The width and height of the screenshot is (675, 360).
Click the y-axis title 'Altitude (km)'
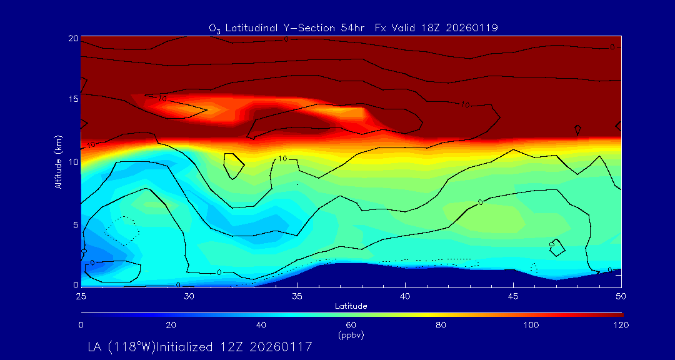pyautogui.click(x=58, y=161)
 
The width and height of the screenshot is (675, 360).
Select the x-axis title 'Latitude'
pyautogui.click(x=350, y=306)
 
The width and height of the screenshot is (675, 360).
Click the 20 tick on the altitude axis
pyautogui.click(x=72, y=38)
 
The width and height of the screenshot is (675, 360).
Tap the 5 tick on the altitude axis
pyautogui.click(x=74, y=224)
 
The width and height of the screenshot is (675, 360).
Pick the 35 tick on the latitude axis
pyautogui.click(x=297, y=295)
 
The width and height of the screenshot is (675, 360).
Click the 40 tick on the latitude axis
pyautogui.click(x=406, y=295)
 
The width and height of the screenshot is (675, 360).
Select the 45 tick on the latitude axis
pyautogui.click(x=514, y=295)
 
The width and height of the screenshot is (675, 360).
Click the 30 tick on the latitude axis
pyautogui.click(x=189, y=295)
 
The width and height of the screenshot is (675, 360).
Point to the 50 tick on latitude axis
pyautogui.click(x=621, y=295)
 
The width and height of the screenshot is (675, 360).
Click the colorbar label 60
pyautogui.click(x=351, y=325)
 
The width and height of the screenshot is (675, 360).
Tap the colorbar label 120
pyautogui.click(x=621, y=325)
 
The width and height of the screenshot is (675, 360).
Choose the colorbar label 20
pyautogui.click(x=171, y=325)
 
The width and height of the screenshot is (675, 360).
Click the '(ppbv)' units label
pyautogui.click(x=351, y=335)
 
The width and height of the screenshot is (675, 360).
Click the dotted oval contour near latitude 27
pyautogui.click(x=121, y=231)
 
